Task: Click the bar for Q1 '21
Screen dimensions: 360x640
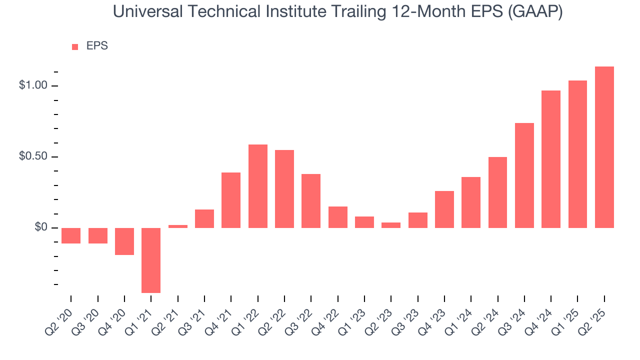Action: coord(151,260)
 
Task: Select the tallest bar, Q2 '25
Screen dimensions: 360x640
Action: coord(604,147)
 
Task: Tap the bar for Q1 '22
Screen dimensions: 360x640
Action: coord(257,186)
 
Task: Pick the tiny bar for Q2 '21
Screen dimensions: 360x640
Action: coord(177,226)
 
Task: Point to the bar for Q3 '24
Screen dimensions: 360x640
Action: coord(524,175)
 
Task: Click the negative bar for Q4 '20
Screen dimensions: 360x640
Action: coord(124,241)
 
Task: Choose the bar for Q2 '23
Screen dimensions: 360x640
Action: coord(391,225)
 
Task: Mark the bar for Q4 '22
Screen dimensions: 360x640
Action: coord(337,217)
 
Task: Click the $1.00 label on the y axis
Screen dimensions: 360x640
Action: coord(32,85)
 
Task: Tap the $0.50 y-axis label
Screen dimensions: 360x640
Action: coord(32,156)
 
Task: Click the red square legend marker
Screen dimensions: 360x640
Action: coord(75,46)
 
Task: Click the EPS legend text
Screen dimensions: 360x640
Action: coord(97,46)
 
